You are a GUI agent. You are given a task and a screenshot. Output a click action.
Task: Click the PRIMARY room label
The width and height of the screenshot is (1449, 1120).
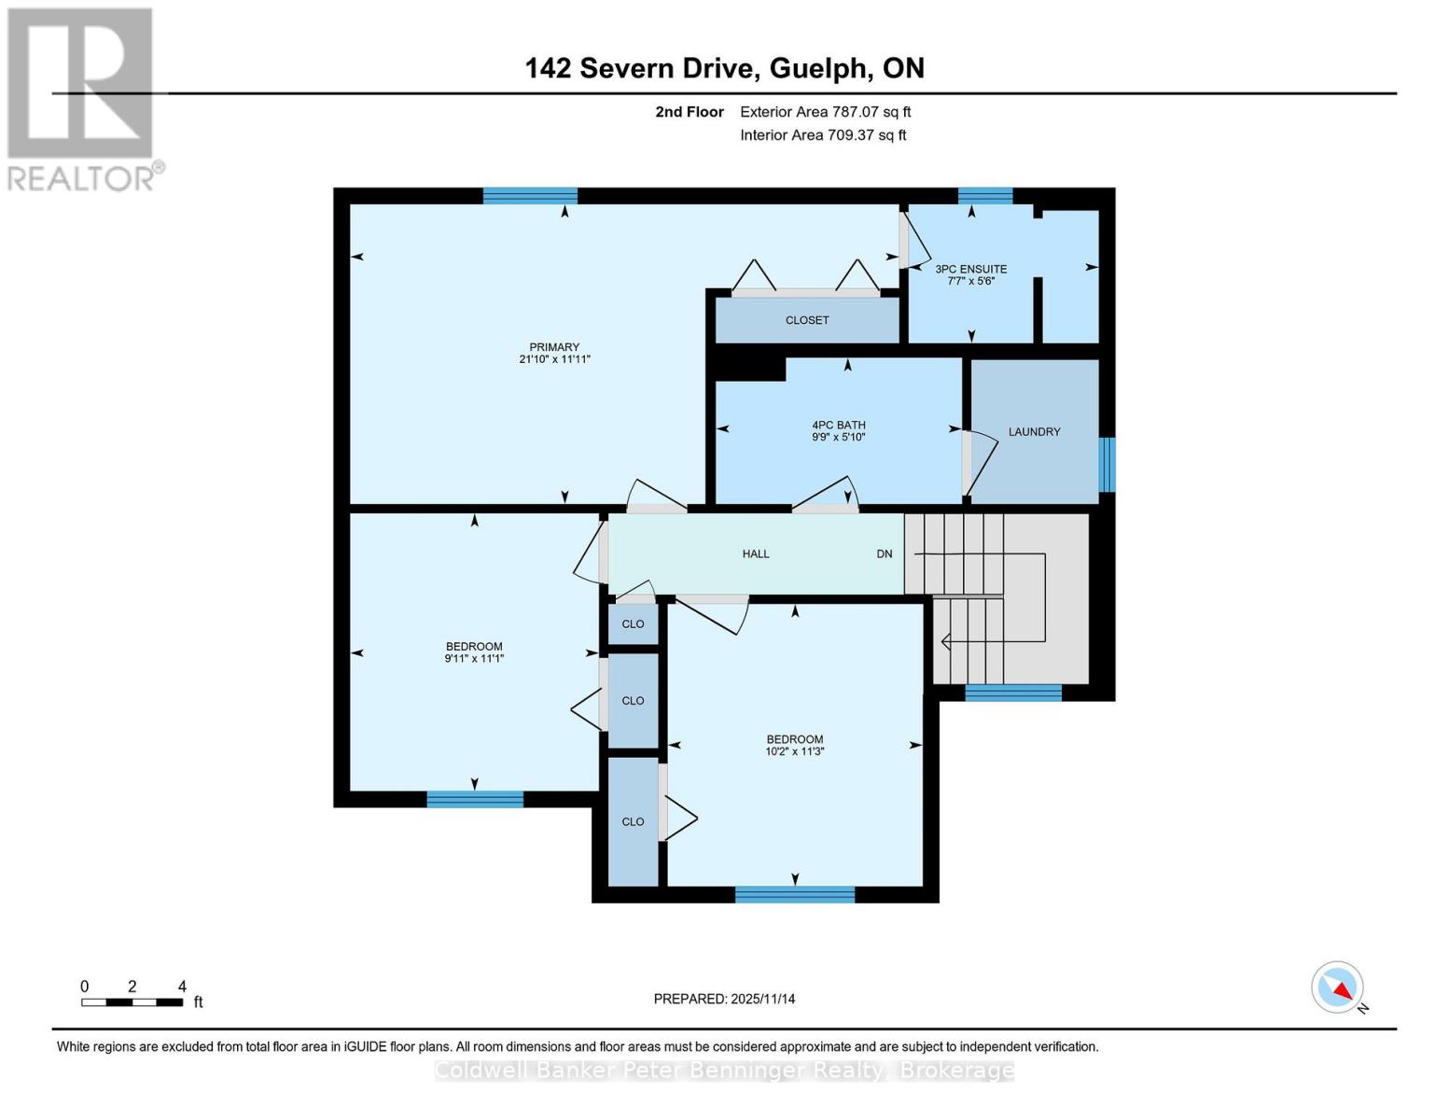[554, 347]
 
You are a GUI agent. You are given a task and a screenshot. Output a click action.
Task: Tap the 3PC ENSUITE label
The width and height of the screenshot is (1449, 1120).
[971, 269]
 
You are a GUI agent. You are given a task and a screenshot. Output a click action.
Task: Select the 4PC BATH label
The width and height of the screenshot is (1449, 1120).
[838, 425]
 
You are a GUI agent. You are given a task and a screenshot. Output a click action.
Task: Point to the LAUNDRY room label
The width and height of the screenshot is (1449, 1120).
[1034, 431]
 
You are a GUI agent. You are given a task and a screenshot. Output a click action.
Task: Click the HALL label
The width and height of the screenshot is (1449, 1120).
[756, 553]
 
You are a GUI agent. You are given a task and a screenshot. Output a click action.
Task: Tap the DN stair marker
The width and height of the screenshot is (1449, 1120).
[885, 553]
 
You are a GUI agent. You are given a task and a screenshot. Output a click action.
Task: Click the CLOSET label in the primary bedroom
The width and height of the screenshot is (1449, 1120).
[807, 320]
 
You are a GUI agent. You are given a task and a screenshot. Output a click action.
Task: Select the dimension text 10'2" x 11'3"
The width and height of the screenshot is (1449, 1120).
[795, 751]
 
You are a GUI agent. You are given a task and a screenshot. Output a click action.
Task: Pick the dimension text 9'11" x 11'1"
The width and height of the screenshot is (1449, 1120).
[474, 658]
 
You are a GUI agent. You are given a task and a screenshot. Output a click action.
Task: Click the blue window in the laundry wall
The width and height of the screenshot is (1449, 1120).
[1107, 464]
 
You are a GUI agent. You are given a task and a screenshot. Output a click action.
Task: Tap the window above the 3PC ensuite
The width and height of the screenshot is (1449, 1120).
[985, 195]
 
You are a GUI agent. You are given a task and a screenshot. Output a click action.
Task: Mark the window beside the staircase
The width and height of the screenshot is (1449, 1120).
[1013, 693]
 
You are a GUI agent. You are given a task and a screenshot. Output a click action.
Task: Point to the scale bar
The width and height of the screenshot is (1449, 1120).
[132, 1001]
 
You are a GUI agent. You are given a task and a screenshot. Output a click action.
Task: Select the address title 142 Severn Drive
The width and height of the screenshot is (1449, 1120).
[643, 68]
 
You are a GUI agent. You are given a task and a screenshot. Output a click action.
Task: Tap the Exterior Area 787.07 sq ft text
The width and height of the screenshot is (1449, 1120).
[826, 112]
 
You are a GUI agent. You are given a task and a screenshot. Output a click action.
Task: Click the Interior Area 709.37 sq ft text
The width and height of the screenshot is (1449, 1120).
[823, 135]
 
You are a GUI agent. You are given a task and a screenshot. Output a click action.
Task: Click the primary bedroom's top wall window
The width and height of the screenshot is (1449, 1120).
[530, 195]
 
